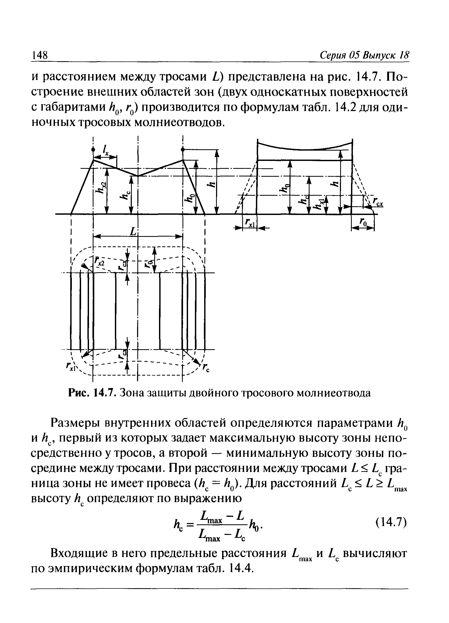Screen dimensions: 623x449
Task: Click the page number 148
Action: pos(40,55)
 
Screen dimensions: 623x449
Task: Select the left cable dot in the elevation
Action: pos(93,149)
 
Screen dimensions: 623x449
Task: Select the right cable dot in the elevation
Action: pos(183,149)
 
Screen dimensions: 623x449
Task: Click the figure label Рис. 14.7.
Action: pos(91,393)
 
